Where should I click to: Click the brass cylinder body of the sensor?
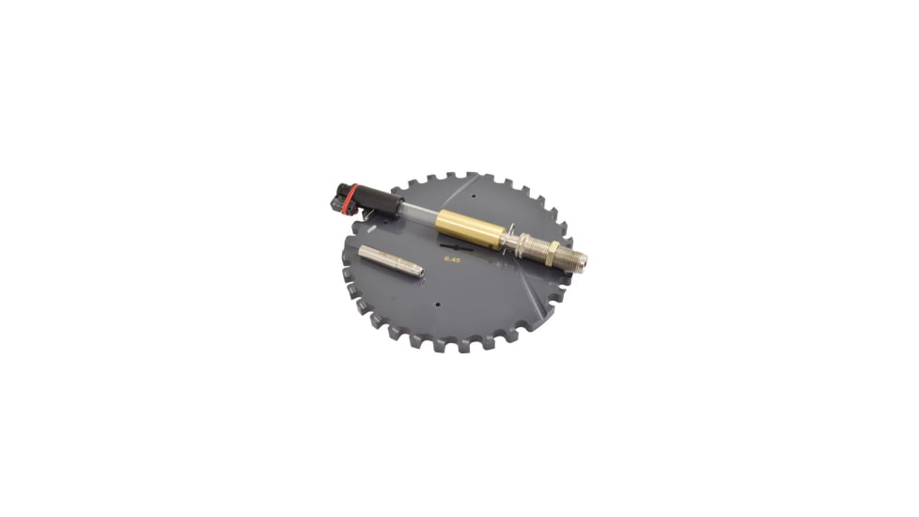[469, 230]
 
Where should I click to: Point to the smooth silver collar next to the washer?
[516, 243]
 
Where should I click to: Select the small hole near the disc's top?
[475, 198]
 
